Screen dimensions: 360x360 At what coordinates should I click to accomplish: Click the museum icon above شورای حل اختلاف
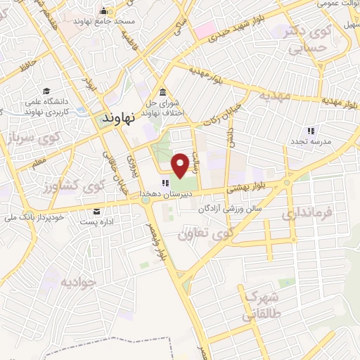click(162, 93)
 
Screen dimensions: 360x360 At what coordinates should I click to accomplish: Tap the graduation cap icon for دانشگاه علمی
click(46, 91)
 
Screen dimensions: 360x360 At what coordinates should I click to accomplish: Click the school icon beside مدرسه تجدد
click(310, 131)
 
